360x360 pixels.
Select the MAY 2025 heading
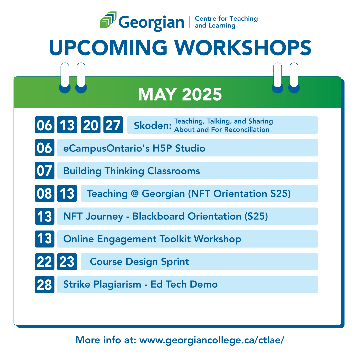pyautogui.click(x=180, y=94)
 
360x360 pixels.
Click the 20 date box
pyautogui.click(x=90, y=125)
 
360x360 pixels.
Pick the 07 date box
pyautogui.click(x=45, y=171)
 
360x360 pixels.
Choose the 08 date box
pyautogui.click(x=45, y=194)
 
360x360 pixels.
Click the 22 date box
pyautogui.click(x=45, y=262)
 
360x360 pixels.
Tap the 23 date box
pyautogui.click(x=67, y=262)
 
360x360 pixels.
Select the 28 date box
pyautogui.click(x=45, y=285)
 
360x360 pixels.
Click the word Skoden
pyautogui.click(x=152, y=126)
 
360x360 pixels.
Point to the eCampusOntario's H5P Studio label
pyautogui.click(x=134, y=148)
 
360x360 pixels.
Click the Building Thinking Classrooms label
pyautogui.click(x=132, y=171)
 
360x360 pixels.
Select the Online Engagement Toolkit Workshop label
pyautogui.click(x=152, y=239)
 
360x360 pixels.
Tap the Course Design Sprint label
pyautogui.click(x=139, y=262)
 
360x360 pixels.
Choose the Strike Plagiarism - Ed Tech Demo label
pyautogui.click(x=140, y=284)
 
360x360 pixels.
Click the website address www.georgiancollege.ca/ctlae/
pyautogui.click(x=212, y=340)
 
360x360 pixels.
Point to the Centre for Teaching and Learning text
pyautogui.click(x=226, y=22)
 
